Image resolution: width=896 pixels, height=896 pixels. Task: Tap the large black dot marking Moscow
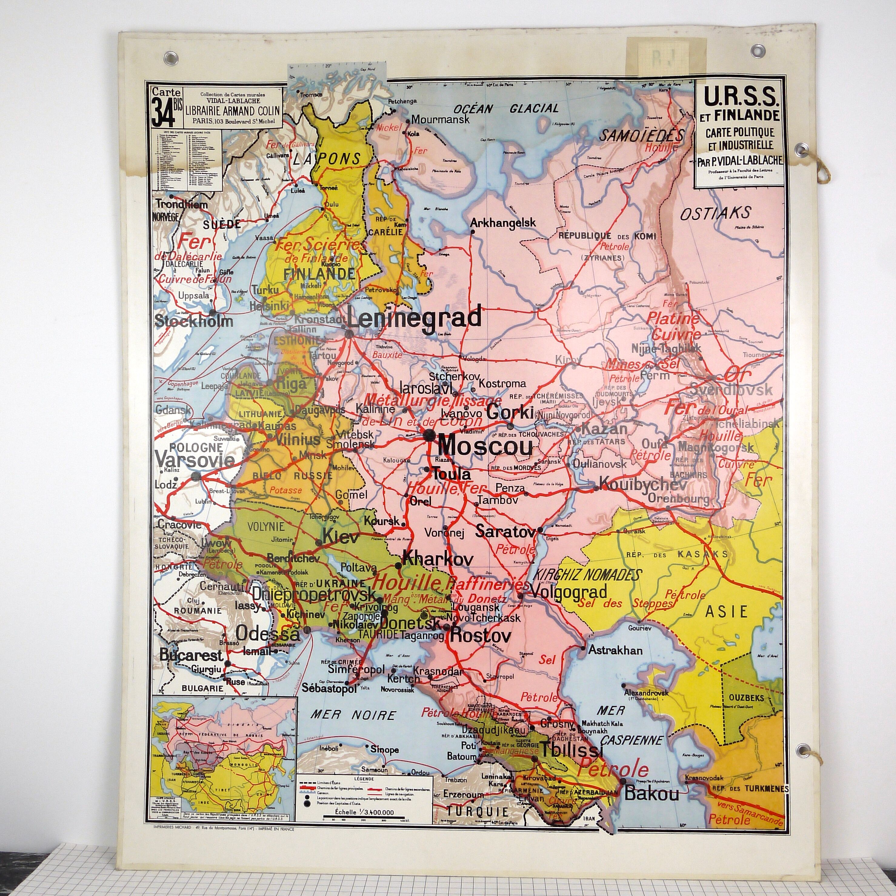(428, 435)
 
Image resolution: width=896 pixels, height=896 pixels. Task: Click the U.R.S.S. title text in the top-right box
(740, 96)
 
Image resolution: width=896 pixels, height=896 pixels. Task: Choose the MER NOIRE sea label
(353, 715)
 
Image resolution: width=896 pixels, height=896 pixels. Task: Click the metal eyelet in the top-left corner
(171, 58)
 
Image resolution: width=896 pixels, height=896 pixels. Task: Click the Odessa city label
(268, 633)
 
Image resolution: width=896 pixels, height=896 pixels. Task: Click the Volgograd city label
(568, 592)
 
